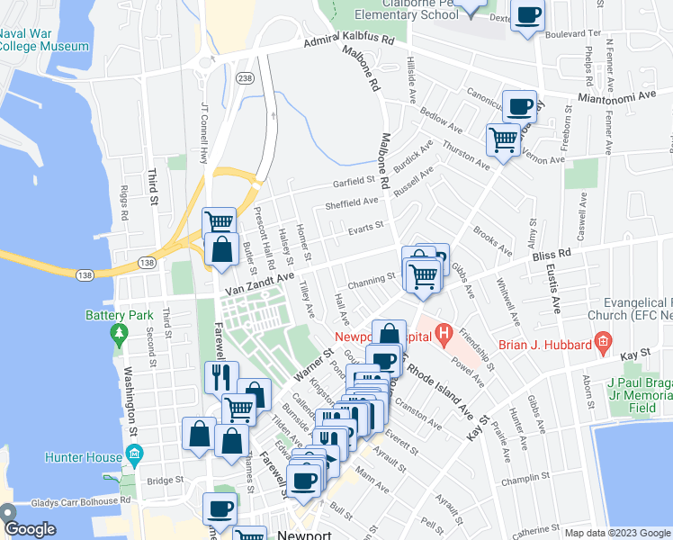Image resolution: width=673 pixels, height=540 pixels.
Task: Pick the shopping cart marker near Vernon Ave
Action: (x=503, y=139)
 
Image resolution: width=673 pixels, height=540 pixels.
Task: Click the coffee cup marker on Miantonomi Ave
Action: (x=519, y=107)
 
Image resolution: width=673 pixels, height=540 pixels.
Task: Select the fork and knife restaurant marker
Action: (x=221, y=376)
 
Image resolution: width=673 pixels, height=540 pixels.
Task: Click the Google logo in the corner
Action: (x=30, y=529)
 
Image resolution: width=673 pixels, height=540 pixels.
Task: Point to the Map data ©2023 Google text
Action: (x=617, y=533)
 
